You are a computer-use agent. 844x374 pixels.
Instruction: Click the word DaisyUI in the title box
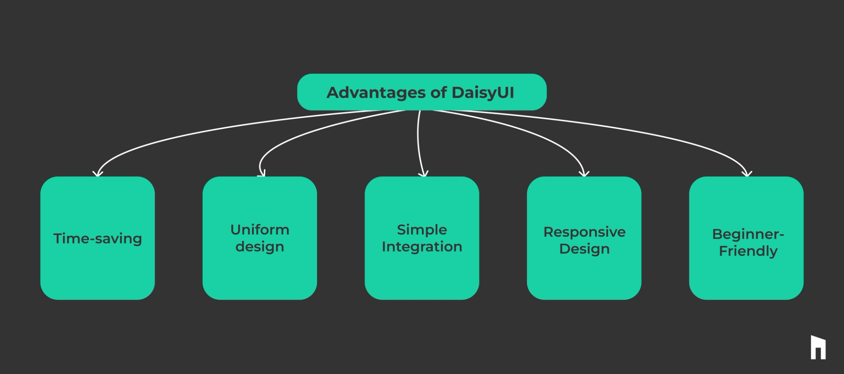(x=483, y=93)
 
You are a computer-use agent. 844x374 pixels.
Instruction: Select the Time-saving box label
(x=98, y=239)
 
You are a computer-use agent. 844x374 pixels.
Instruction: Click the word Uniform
(x=260, y=230)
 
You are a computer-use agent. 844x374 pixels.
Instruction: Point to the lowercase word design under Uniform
(x=260, y=247)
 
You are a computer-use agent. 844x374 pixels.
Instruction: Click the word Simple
(x=422, y=230)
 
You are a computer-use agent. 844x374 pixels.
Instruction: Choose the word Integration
(x=422, y=247)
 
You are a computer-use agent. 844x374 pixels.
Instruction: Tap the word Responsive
(x=584, y=232)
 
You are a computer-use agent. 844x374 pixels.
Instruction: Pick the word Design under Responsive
(x=584, y=249)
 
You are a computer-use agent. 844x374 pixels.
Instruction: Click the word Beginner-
(x=748, y=234)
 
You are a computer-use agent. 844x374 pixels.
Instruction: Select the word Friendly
(x=748, y=251)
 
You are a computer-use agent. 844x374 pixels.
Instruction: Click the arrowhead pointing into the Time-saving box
(x=98, y=174)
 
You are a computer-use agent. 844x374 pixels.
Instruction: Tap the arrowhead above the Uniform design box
(x=262, y=174)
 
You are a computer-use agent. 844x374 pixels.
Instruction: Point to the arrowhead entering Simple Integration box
(x=423, y=174)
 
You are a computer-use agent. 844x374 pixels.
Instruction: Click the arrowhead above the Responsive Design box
(x=584, y=174)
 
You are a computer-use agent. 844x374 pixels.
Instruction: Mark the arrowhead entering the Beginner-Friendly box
(x=747, y=174)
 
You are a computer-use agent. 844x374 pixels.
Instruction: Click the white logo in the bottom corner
(x=818, y=348)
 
